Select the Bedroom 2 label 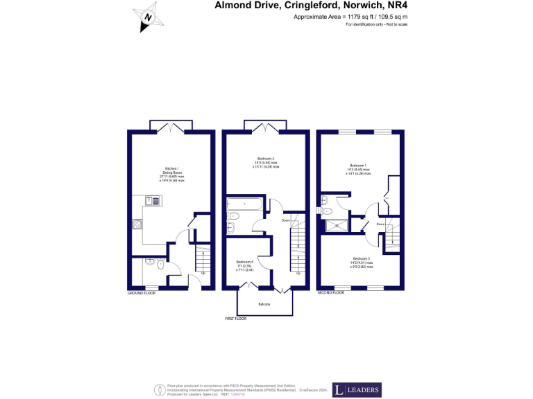pyautogui.click(x=267, y=163)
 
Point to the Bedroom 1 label pyautogui.click(x=359, y=169)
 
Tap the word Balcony pyautogui.click(x=265, y=305)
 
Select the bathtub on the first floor pyautogui.click(x=244, y=205)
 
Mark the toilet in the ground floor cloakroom pyautogui.click(x=161, y=263)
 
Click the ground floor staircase pyautogui.click(x=203, y=259)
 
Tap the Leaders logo pyautogui.click(x=357, y=390)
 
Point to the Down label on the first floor pyautogui.click(x=285, y=220)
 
